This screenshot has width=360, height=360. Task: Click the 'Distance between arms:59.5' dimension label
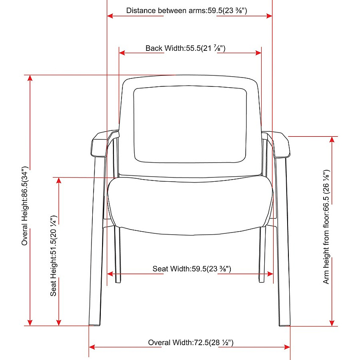(x=174, y=11)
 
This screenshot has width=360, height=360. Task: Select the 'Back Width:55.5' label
(x=173, y=48)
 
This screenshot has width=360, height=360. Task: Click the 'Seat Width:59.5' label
(x=180, y=269)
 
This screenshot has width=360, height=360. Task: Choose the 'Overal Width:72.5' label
(x=178, y=343)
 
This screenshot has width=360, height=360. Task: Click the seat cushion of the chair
(x=190, y=205)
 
